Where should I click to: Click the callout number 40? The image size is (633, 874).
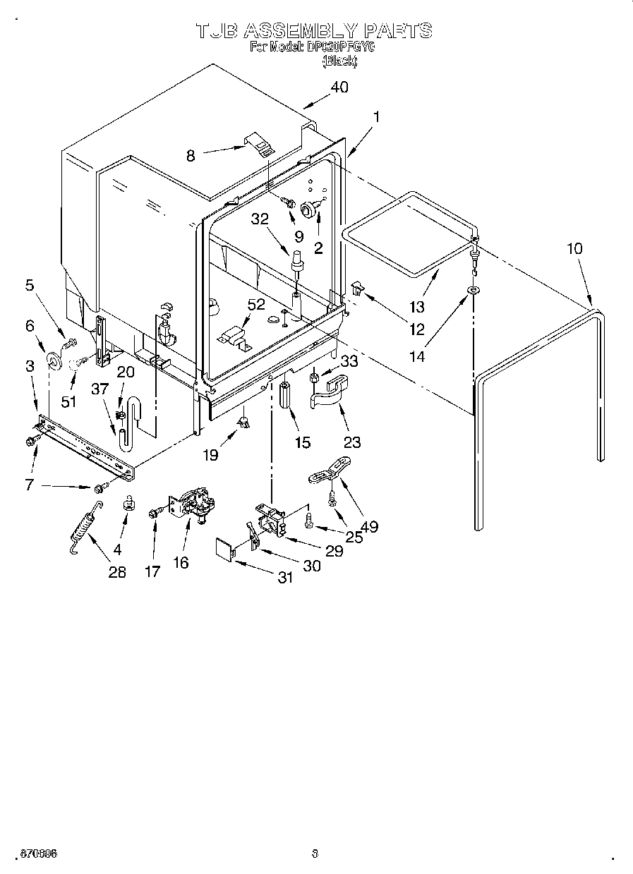point(339,87)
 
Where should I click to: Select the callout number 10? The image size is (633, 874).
point(574,248)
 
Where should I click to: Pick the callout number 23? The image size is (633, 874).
point(351,442)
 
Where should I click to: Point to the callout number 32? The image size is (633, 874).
point(260,219)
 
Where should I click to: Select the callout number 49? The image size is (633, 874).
point(368,526)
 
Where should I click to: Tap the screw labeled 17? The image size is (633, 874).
point(153,513)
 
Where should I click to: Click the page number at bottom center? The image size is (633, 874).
point(315,854)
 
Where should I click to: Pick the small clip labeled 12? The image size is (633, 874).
point(358,286)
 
